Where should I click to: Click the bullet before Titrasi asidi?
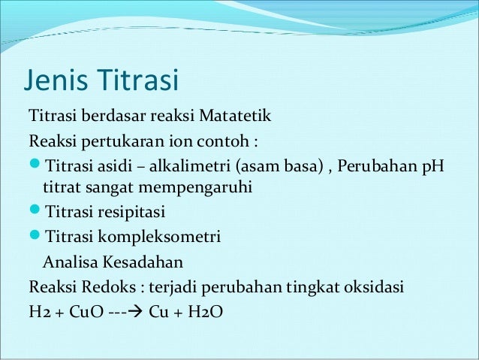point(35,165)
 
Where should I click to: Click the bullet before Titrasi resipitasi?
point(35,213)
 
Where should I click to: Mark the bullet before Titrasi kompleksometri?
point(35,237)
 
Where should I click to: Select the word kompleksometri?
point(158,237)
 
